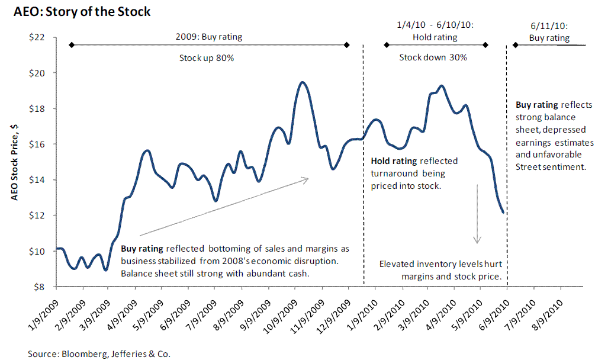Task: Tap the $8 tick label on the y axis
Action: coord(40,287)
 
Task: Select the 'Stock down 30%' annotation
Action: coord(433,58)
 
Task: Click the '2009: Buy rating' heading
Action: coord(208,37)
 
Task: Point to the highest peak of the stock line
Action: coord(302,82)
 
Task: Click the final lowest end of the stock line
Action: coord(503,212)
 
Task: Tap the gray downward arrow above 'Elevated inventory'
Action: coord(477,213)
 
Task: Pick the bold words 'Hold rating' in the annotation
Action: coord(394,161)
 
